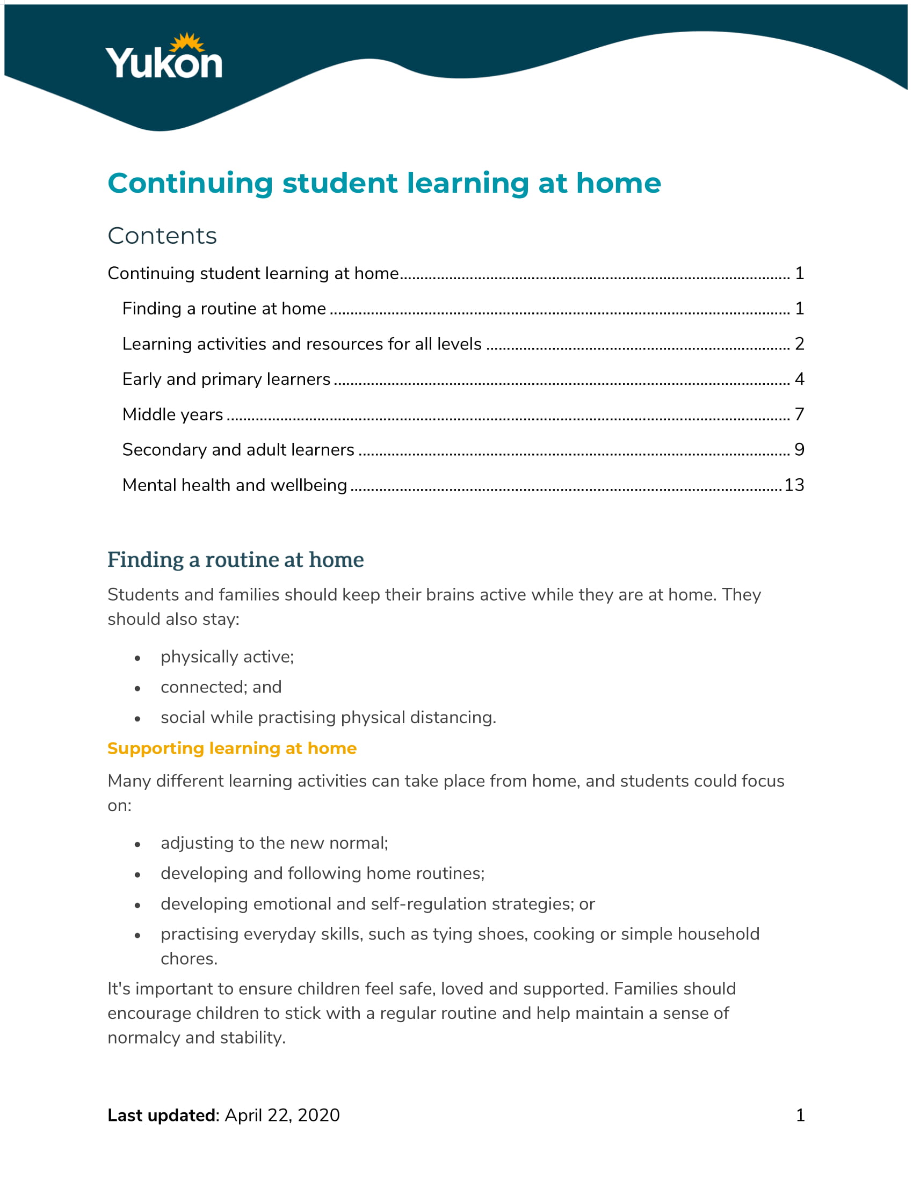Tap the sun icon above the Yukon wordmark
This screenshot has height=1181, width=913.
[187, 43]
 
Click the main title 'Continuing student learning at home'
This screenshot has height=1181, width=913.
[384, 183]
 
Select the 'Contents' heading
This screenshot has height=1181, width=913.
[162, 236]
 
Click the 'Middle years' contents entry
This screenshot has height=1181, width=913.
[172, 414]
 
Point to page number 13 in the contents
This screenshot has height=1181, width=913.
[793, 485]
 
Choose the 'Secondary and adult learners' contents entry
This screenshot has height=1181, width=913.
[238, 450]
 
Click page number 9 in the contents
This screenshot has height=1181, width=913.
[799, 450]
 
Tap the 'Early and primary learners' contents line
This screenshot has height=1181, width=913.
[226, 379]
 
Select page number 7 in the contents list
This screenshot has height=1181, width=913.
[799, 414]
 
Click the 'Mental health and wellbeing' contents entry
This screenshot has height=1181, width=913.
[235, 485]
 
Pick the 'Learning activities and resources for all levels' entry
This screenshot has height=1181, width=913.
[302, 344]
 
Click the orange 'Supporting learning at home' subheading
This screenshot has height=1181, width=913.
[232, 748]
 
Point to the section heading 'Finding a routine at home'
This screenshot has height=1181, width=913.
[235, 560]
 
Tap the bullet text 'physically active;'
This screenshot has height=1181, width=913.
[227, 657]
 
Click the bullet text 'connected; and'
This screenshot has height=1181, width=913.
[221, 687]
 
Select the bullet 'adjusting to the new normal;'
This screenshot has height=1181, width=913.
[274, 843]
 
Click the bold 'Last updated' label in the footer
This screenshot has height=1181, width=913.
[162, 1115]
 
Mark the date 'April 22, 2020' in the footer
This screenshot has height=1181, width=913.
[282, 1115]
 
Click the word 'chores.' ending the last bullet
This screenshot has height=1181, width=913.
[189, 959]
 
